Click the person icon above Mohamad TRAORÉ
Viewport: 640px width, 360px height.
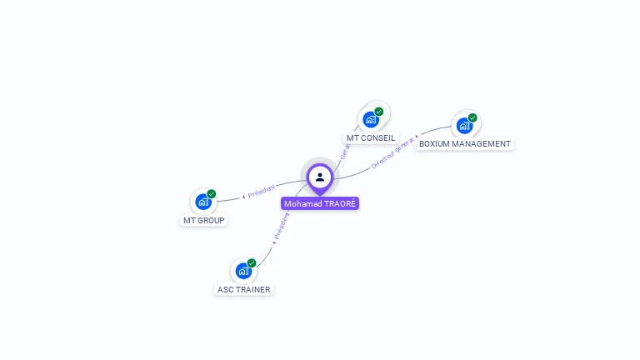320,177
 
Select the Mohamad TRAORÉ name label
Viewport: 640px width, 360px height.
320,203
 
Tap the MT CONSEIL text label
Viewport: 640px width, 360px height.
371,137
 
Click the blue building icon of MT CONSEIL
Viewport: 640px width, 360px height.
371,120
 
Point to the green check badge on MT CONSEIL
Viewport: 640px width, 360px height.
379,112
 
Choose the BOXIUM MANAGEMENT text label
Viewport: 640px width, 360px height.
465,143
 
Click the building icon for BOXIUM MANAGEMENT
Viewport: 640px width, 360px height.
464,126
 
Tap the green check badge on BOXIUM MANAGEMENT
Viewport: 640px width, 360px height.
472,117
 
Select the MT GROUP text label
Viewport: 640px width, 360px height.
203,220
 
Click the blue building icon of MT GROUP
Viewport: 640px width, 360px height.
202,202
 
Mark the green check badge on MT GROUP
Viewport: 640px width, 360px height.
212,193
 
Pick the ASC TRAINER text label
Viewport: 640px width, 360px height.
243,289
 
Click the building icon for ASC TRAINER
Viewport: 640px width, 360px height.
242,271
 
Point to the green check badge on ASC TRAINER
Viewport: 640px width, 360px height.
252,262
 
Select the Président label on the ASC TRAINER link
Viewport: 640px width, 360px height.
282,226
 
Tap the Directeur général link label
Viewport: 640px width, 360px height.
392,153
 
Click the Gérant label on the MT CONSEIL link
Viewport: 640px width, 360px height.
344,151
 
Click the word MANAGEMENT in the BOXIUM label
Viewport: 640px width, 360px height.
481,143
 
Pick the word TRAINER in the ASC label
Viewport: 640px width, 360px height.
252,289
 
